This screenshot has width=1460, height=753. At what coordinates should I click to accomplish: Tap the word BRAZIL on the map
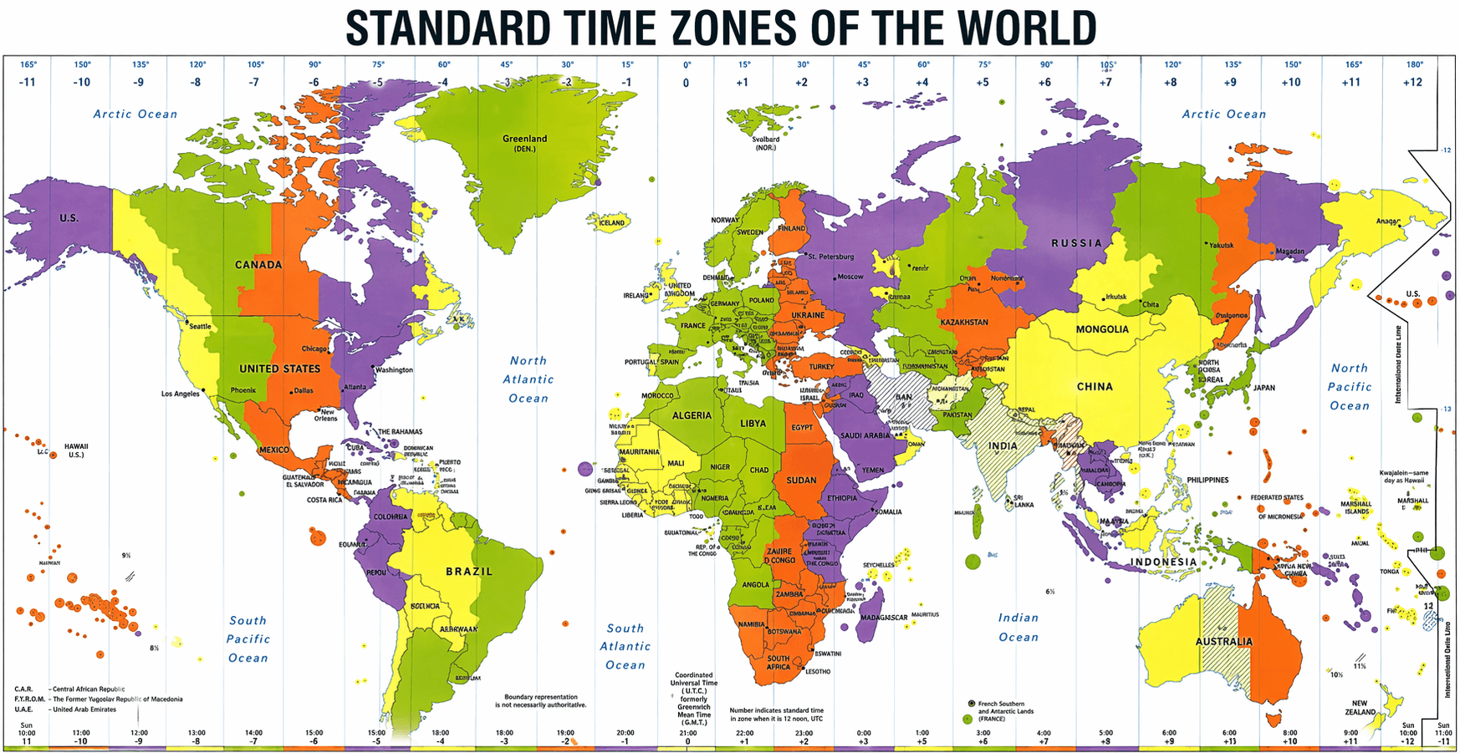tap(469, 572)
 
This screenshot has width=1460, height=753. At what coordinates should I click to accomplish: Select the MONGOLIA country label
tap(1102, 329)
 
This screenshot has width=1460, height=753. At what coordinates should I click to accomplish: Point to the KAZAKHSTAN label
tap(964, 322)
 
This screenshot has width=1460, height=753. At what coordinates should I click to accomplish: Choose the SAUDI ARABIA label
tap(865, 435)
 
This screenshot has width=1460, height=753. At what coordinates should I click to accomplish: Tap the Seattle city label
tap(200, 326)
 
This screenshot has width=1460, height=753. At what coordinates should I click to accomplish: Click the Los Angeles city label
tap(181, 394)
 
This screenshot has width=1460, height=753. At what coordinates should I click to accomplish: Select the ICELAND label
tap(611, 222)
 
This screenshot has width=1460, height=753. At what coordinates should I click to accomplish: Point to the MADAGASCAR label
tap(884, 618)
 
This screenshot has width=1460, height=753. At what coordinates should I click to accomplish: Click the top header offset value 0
tap(686, 83)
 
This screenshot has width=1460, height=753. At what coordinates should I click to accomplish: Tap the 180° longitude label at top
tap(1415, 64)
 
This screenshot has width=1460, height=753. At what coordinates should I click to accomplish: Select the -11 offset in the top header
tap(27, 83)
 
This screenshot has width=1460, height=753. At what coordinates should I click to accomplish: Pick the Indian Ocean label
tap(1018, 627)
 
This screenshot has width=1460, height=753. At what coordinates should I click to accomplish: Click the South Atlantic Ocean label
tap(625, 646)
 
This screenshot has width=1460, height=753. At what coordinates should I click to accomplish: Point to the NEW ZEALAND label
tap(1360, 707)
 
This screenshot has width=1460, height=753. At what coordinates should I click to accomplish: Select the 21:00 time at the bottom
tap(687, 733)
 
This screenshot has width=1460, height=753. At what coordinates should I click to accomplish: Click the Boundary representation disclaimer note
tap(541, 700)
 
